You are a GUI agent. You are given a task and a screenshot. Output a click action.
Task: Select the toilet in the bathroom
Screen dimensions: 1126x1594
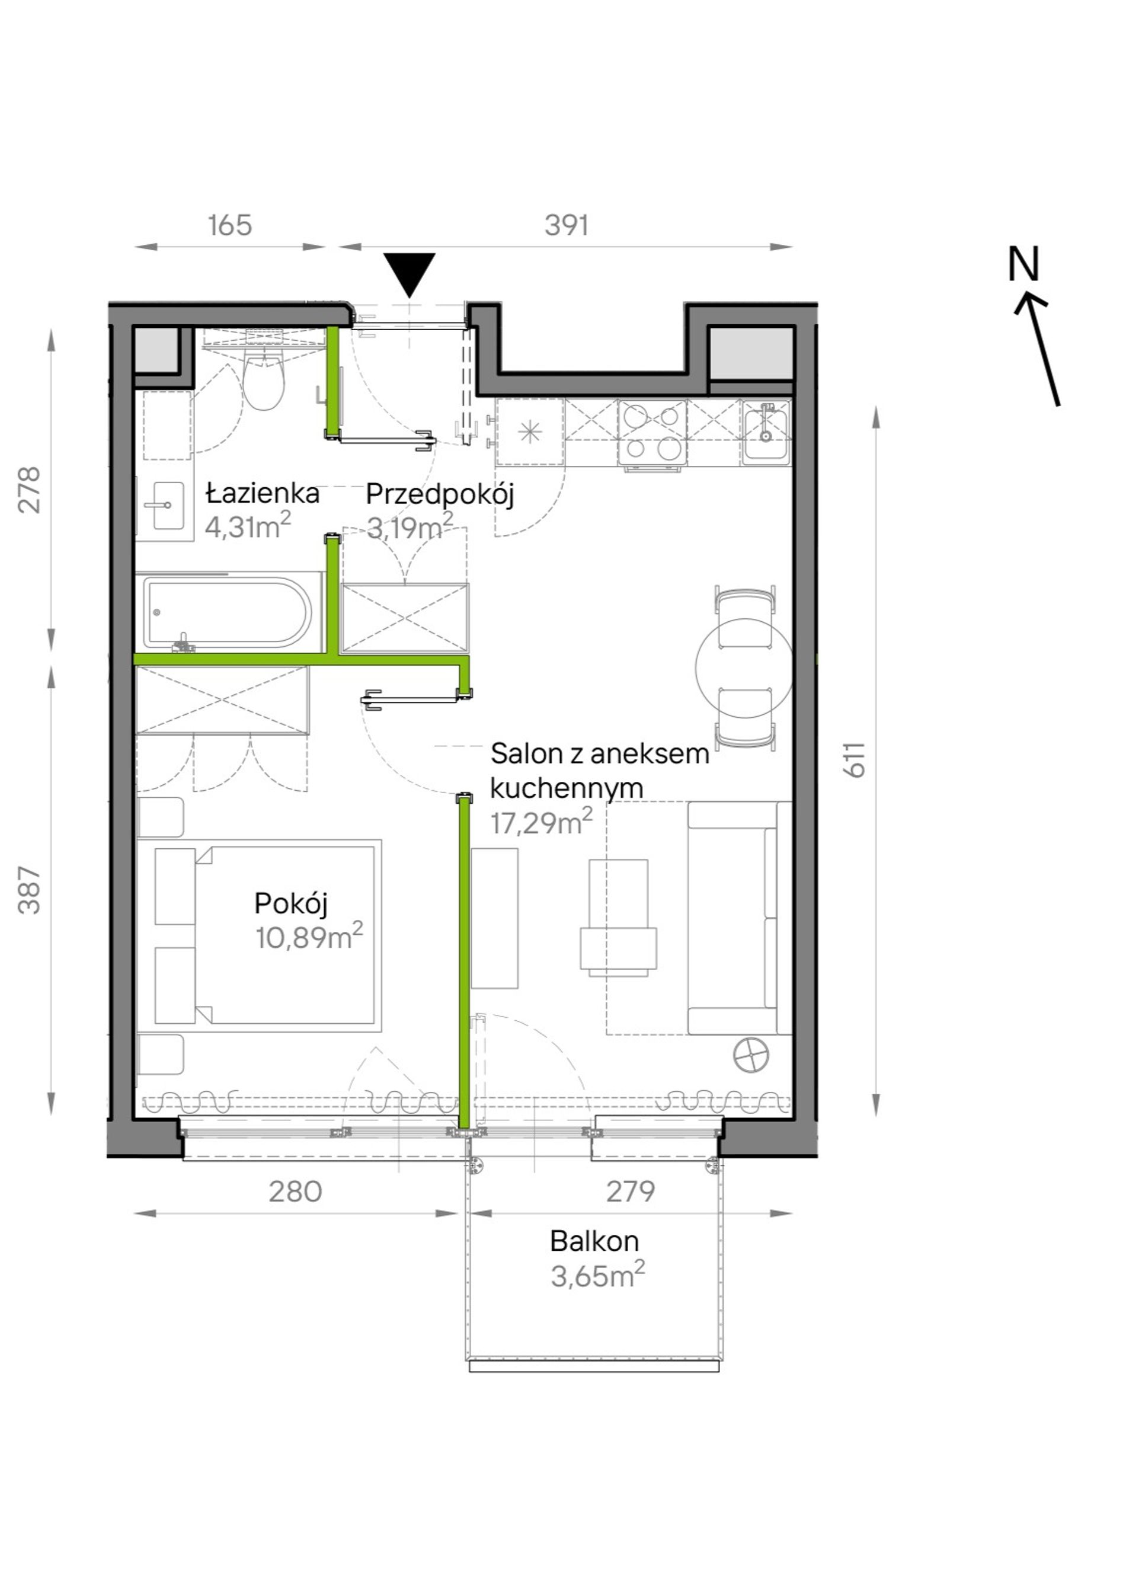pos(264,381)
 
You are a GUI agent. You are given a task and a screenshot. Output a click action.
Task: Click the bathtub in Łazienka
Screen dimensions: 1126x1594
pos(229,612)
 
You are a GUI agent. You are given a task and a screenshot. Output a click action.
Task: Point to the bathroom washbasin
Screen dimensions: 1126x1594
pos(166,506)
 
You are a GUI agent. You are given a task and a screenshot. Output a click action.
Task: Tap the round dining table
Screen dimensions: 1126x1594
pos(744,666)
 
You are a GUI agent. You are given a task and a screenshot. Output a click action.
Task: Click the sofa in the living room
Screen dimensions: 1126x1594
pos(740,918)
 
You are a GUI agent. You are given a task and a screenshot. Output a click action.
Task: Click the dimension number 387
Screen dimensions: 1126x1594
pos(30,890)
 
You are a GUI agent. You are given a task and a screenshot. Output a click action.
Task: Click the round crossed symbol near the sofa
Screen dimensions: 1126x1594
pos(751,1056)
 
